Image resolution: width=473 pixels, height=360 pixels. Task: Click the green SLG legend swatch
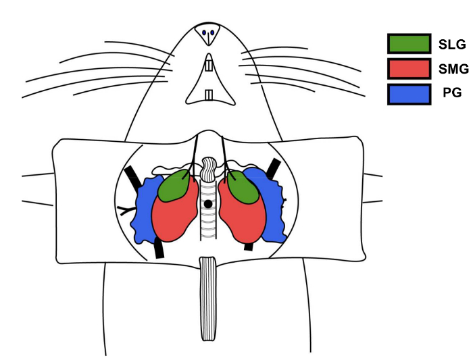coord(409,44)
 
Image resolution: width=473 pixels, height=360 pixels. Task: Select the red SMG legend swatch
coord(409,69)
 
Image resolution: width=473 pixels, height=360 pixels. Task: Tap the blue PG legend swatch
coord(409,94)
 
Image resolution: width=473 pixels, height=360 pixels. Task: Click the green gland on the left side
coord(175,186)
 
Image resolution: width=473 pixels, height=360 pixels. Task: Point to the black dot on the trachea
coord(209,203)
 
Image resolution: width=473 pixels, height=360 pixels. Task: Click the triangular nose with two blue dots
coord(208,34)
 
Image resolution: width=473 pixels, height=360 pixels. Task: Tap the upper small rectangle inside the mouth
coord(209,67)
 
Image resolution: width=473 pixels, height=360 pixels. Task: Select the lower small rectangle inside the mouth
coord(209,94)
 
